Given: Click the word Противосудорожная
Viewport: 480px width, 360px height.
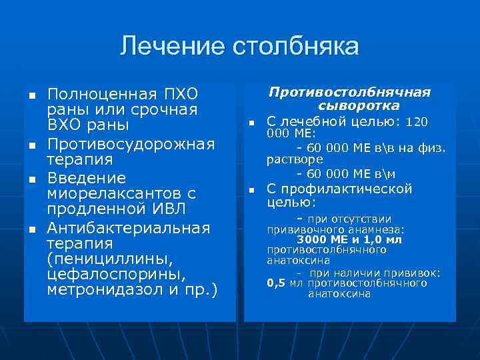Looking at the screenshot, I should click(131, 144).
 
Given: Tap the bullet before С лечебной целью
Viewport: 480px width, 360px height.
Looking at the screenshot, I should click(252, 123).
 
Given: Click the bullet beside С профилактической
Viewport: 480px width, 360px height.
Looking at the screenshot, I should click(252, 191).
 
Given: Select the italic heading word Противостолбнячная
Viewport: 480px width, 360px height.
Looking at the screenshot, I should click(349, 92).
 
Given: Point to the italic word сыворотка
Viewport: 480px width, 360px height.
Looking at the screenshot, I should click(359, 106).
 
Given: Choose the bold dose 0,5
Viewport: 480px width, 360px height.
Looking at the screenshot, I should click(276, 283).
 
